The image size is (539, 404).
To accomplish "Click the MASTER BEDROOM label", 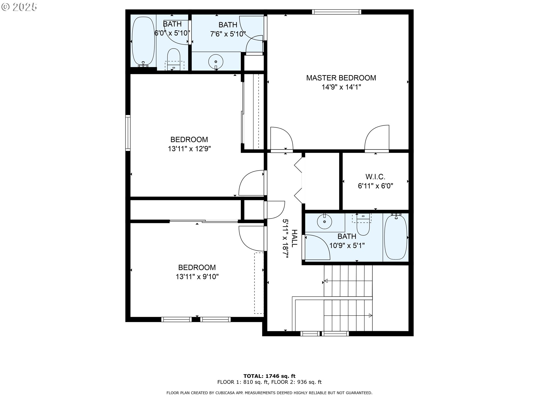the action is (x=341, y=78).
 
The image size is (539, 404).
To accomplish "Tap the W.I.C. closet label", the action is (x=375, y=177).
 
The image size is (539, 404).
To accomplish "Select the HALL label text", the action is (x=294, y=238).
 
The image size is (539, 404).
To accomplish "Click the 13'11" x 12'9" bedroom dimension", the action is (x=189, y=149).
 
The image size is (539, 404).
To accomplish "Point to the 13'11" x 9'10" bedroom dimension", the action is (x=197, y=277).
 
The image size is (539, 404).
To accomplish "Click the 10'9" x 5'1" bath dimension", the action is (x=347, y=246).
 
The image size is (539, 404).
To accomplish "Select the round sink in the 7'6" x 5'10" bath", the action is (x=216, y=61).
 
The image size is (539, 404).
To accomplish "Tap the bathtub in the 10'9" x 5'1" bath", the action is (x=396, y=237).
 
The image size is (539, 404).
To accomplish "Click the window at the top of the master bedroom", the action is (x=336, y=12).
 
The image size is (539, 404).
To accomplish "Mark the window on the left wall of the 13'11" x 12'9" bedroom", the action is (x=128, y=133).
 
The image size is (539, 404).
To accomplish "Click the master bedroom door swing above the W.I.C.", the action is (x=377, y=138).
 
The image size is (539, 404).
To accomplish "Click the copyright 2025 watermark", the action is (x=19, y=7).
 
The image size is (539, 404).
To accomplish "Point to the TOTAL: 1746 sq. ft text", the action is (x=269, y=376).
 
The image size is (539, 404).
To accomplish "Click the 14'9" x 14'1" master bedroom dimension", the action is (x=341, y=87).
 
